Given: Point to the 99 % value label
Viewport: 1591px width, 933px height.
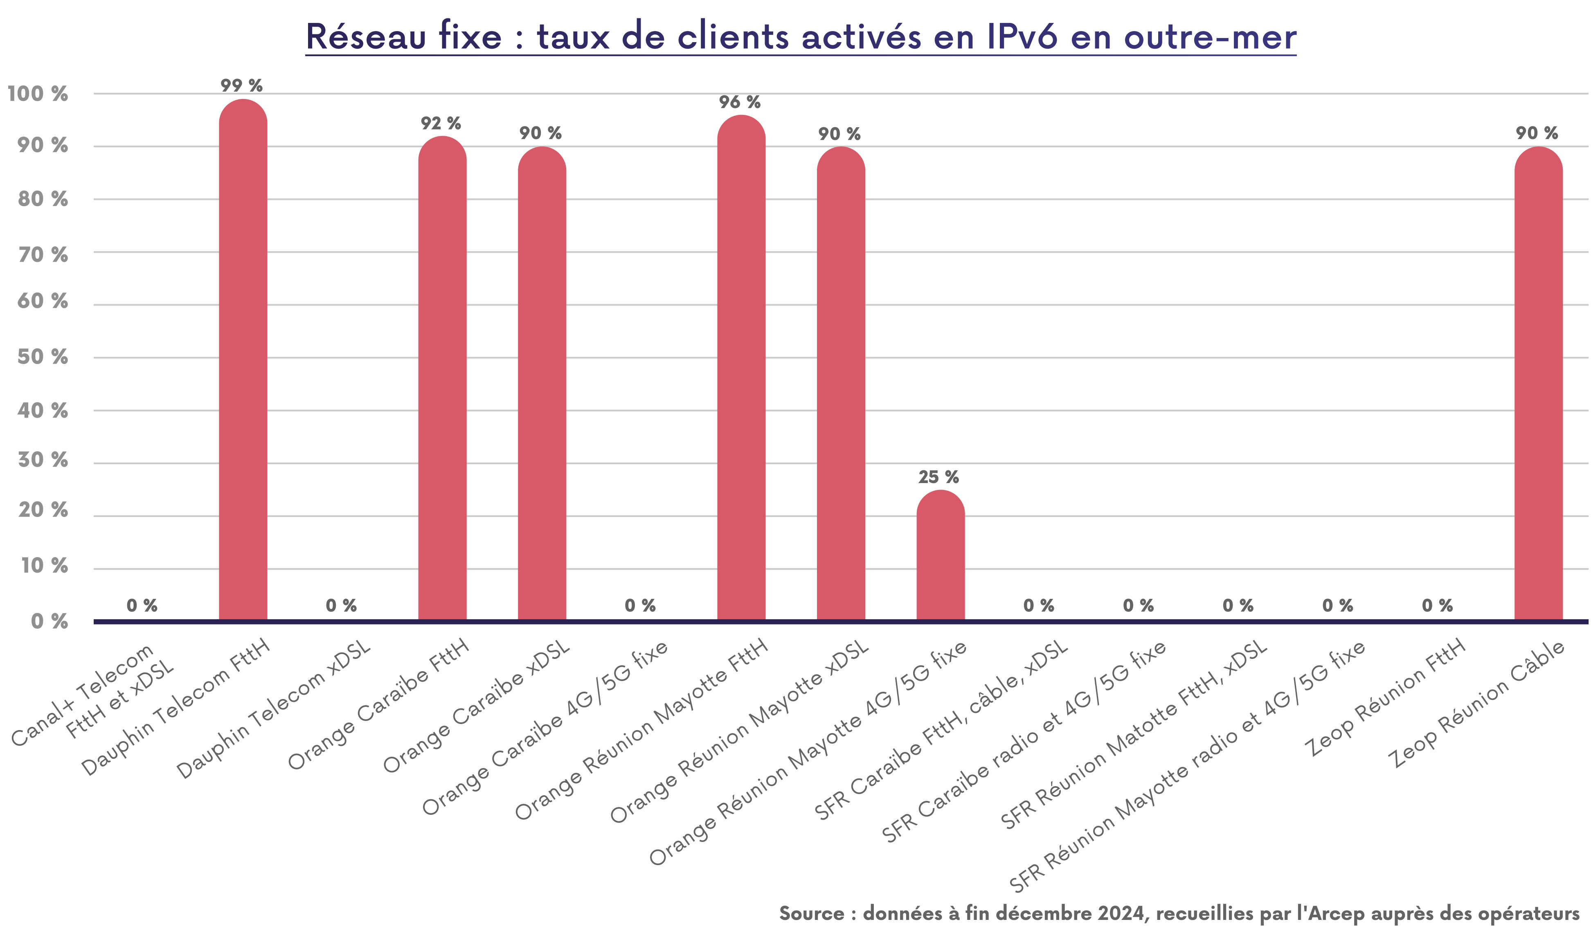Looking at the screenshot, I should [x=242, y=85].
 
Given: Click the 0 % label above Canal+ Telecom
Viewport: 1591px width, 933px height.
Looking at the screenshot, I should [x=142, y=605].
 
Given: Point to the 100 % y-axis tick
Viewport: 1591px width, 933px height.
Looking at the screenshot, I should [x=38, y=94].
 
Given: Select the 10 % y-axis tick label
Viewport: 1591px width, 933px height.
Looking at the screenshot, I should [x=44, y=566].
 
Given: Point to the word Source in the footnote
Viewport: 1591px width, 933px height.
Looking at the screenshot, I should [x=811, y=913].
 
